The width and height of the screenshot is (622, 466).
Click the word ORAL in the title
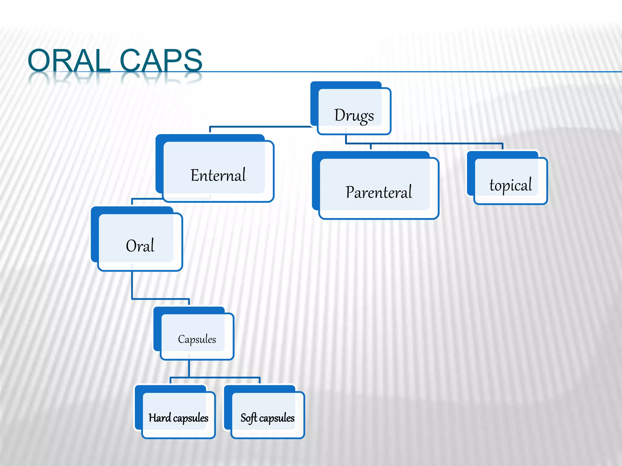(x=69, y=61)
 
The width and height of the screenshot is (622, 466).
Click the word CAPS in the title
(x=161, y=61)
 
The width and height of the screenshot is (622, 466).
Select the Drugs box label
(x=354, y=116)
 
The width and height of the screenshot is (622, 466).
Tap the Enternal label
(x=218, y=175)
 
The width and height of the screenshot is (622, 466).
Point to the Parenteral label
(x=378, y=192)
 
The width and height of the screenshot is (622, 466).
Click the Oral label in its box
(x=140, y=246)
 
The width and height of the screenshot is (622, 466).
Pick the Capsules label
(x=197, y=339)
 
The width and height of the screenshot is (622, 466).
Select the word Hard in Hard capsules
(x=160, y=418)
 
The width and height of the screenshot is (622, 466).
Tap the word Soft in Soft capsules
(x=249, y=418)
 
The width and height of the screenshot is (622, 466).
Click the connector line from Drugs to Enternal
(x=261, y=127)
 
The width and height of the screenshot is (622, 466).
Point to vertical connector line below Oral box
(x=132, y=285)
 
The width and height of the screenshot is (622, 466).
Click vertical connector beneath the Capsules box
(x=189, y=369)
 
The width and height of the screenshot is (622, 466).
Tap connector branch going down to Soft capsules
(x=260, y=380)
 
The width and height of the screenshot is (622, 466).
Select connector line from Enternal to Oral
(x=146, y=199)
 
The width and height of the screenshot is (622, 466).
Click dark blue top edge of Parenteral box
(x=371, y=154)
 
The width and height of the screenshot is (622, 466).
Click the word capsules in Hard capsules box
(x=190, y=418)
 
